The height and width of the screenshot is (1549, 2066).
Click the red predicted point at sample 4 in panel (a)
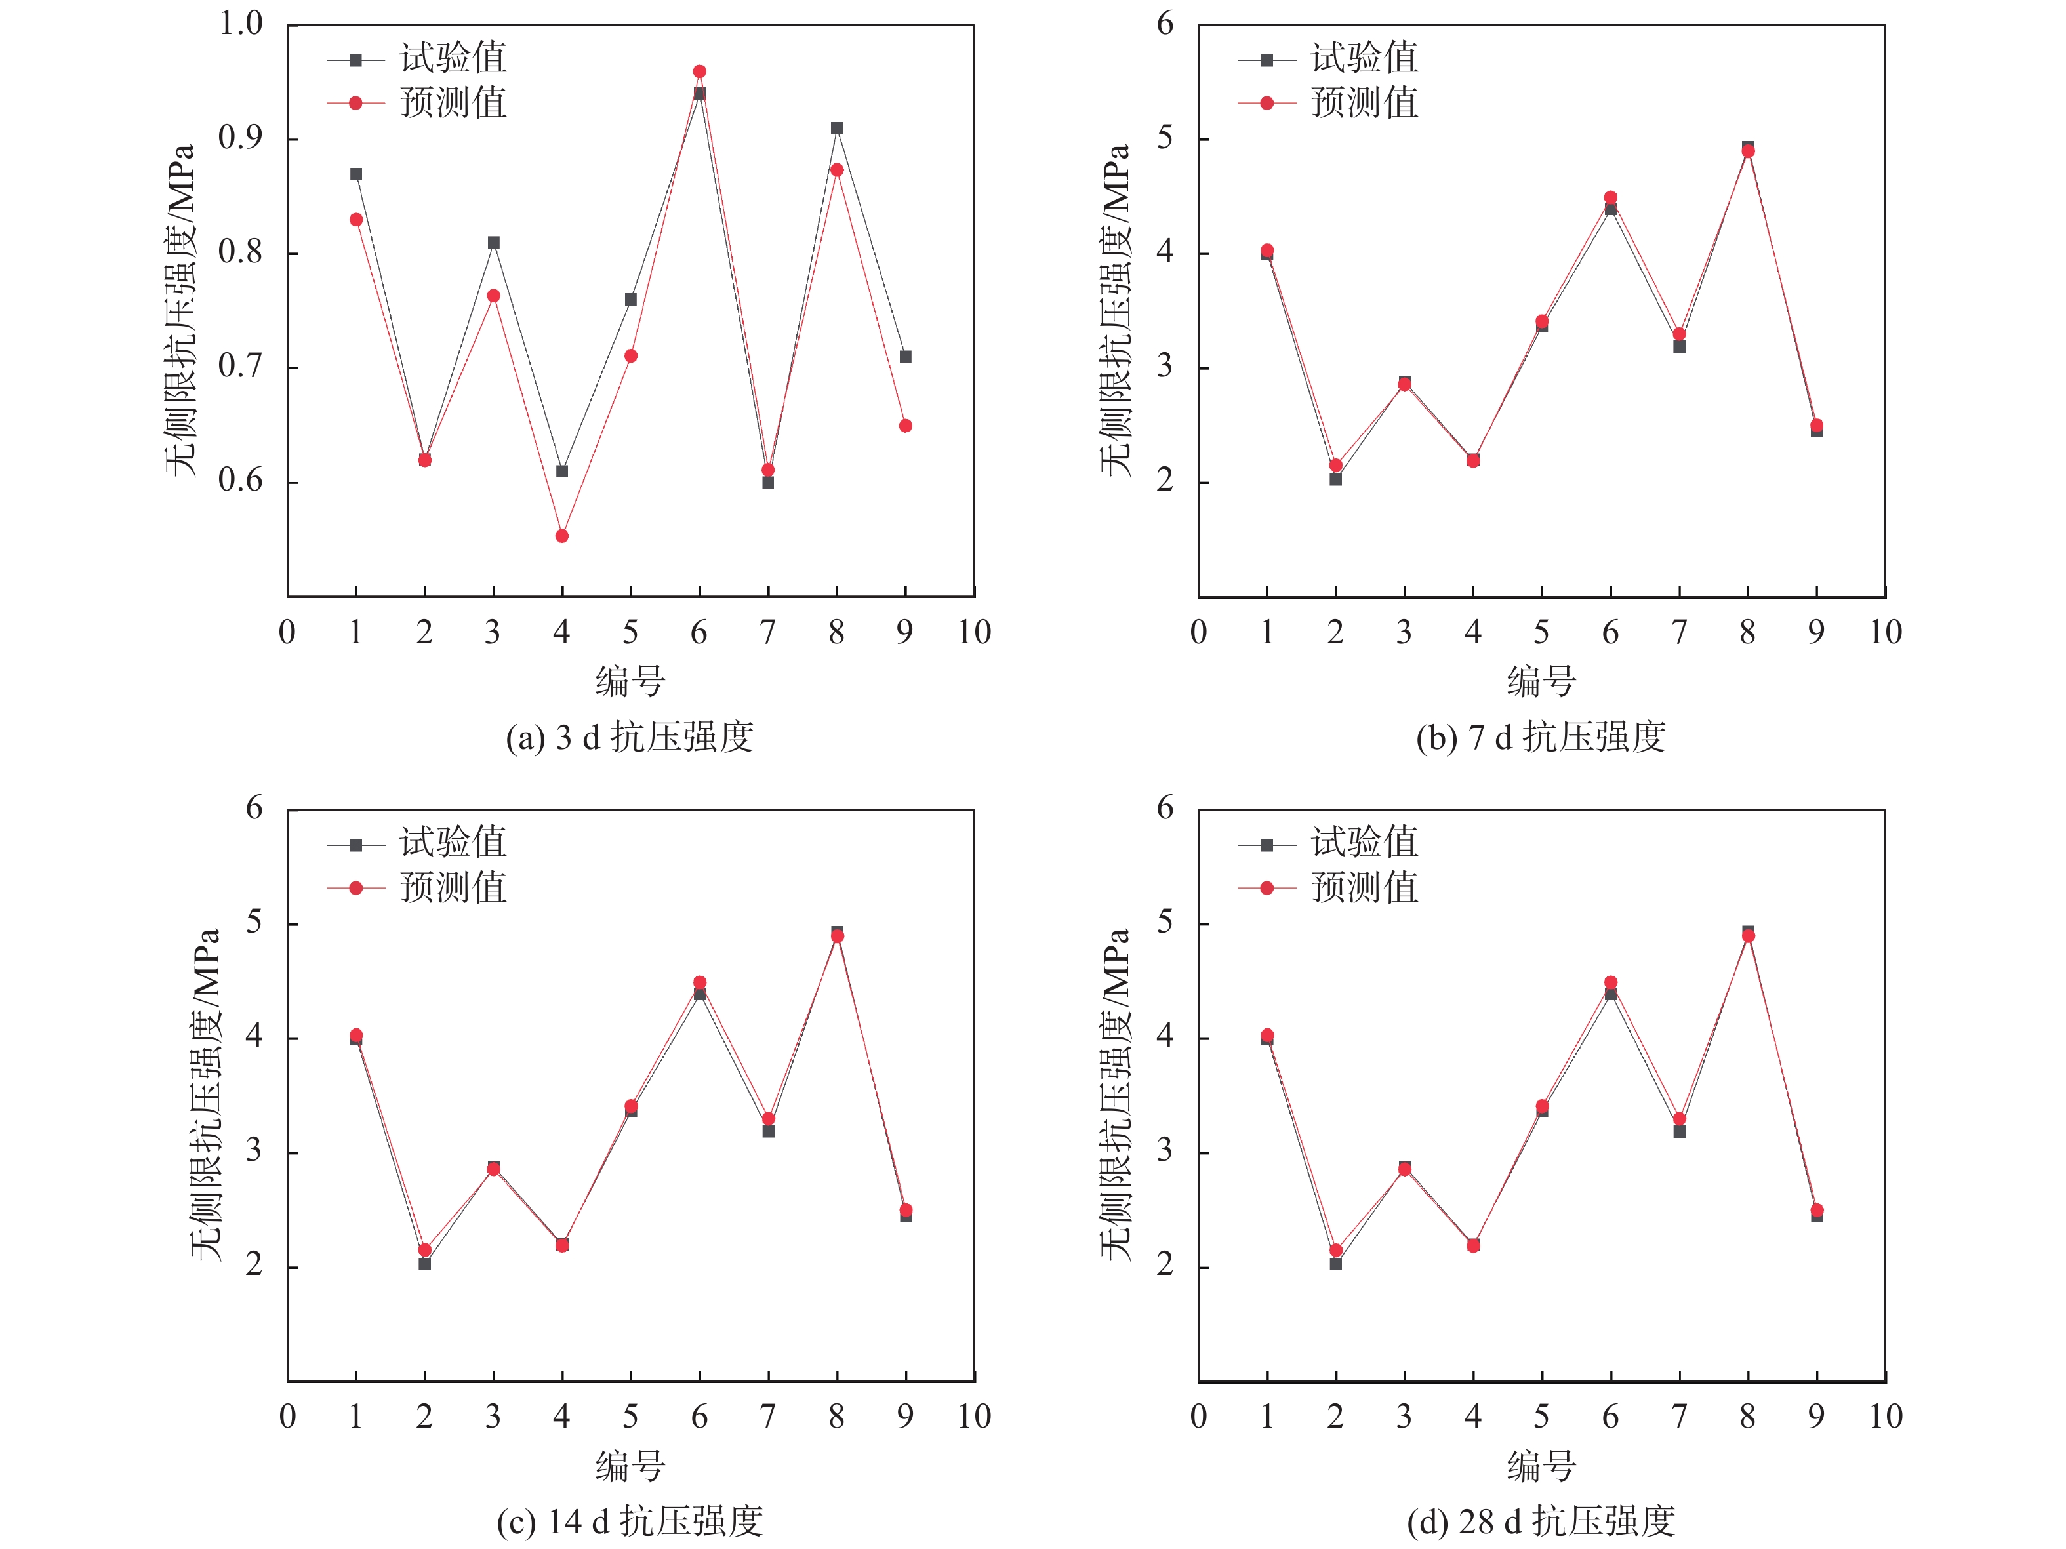(561, 536)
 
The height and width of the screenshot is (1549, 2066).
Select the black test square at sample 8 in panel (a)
(837, 128)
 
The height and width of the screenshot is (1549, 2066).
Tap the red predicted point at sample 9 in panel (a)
(905, 426)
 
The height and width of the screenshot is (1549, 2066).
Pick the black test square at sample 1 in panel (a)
(356, 174)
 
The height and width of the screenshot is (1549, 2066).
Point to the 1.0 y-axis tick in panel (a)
(241, 24)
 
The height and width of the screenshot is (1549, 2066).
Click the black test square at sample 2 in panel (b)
(1335, 479)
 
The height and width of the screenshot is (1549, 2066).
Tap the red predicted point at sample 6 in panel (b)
(1610, 198)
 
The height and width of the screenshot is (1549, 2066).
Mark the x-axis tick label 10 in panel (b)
(1885, 633)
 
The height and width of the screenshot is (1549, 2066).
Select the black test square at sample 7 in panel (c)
(768, 1131)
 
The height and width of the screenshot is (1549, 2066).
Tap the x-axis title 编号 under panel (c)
(630, 1466)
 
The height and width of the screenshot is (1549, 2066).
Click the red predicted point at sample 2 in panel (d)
(1335, 1250)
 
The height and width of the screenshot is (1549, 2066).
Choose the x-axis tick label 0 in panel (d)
(1198, 1417)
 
